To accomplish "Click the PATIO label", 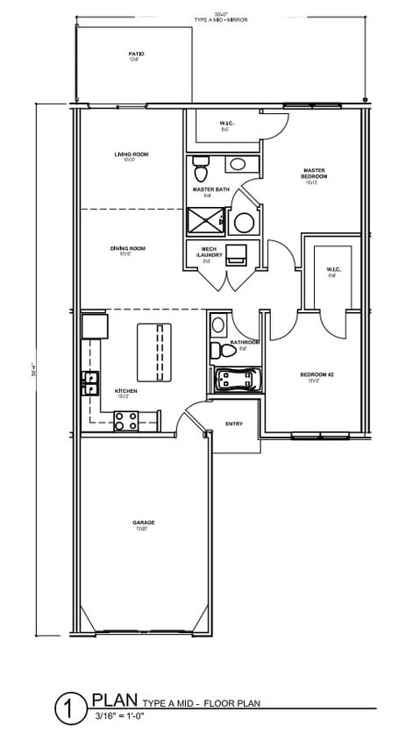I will pyautogui.click(x=136, y=54).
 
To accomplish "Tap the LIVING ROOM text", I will pyautogui.click(x=131, y=154).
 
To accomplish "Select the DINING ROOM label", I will pyautogui.click(x=128, y=249).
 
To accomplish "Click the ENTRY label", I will pyautogui.click(x=234, y=423).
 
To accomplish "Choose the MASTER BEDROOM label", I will pyautogui.click(x=315, y=174).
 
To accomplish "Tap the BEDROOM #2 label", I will pyautogui.click(x=317, y=375).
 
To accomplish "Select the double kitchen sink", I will pyautogui.click(x=89, y=382).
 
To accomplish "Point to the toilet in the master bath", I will pyautogui.click(x=200, y=164).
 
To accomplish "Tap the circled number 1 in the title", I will pyautogui.click(x=68, y=708).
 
